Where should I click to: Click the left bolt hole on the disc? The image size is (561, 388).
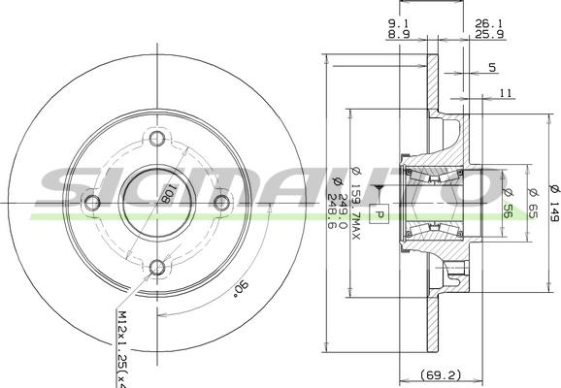tap(92, 202)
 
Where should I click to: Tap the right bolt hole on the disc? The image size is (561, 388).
tap(221, 202)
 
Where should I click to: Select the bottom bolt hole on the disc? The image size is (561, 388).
tap(157, 266)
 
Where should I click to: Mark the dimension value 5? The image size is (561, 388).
tap(492, 67)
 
